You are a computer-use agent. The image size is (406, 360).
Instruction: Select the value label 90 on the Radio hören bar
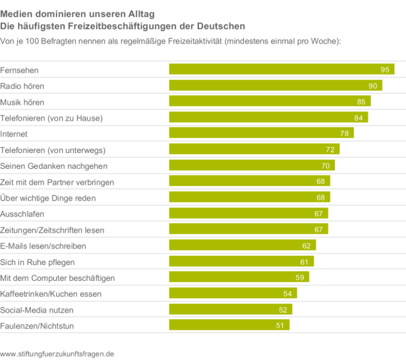point(372,86)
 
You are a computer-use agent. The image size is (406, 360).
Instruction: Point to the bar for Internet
point(261,133)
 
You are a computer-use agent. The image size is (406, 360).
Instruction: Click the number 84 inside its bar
point(359,117)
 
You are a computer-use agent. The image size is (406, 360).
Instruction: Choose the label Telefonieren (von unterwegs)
point(53,150)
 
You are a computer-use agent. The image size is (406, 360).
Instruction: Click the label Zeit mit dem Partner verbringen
point(57,182)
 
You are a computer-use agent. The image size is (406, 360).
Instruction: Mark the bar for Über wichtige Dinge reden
point(249,198)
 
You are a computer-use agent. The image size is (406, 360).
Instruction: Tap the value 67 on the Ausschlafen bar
point(319,214)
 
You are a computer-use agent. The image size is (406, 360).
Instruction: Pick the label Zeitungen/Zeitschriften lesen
point(52,230)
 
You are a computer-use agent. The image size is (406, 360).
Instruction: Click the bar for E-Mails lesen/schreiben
point(243,245)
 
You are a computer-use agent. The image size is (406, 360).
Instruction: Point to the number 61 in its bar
point(304,262)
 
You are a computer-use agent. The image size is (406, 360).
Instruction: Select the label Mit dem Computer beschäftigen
point(57,278)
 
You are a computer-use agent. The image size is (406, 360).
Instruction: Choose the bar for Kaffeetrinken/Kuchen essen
point(233,293)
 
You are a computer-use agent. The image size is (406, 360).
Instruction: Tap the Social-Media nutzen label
point(37,309)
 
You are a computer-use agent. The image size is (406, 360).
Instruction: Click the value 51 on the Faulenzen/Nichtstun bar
point(280,325)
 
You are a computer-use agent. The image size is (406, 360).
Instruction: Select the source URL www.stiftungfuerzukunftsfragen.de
point(57,353)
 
